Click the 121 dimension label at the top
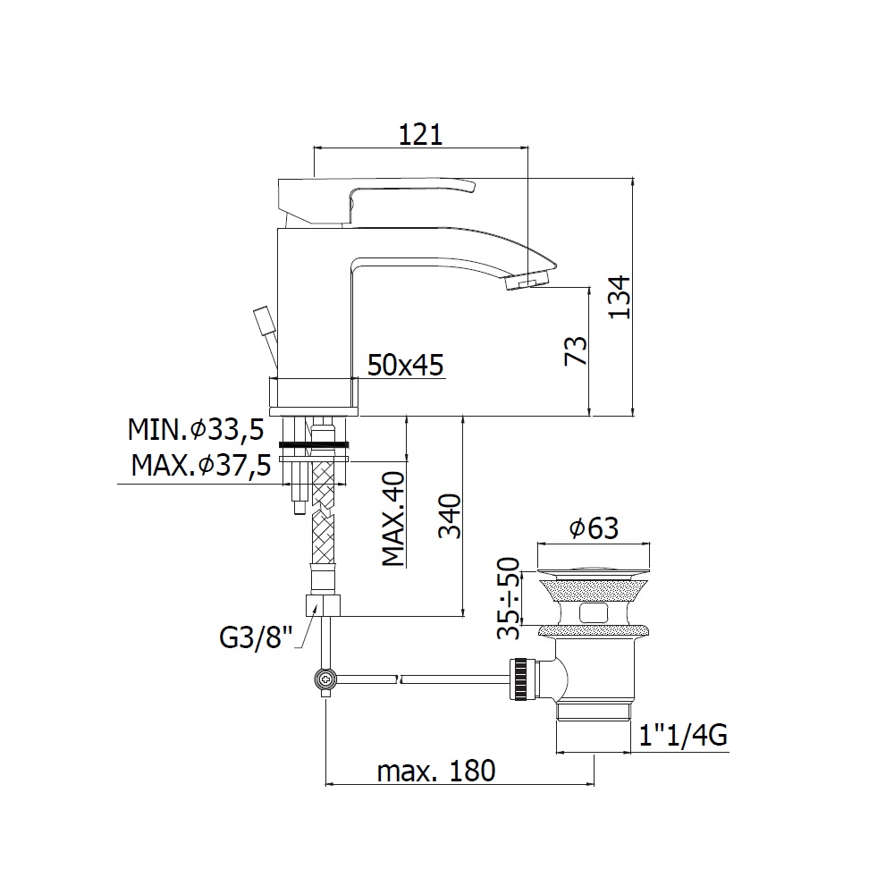click(x=420, y=135)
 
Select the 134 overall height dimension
click(x=620, y=297)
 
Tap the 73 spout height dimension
click(x=576, y=351)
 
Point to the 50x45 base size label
click(x=405, y=365)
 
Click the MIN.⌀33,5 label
click(x=196, y=429)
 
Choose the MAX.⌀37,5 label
click(x=200, y=465)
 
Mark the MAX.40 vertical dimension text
click(x=393, y=519)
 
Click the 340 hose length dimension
click(x=450, y=516)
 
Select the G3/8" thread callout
click(x=256, y=637)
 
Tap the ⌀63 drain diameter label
click(x=595, y=528)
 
